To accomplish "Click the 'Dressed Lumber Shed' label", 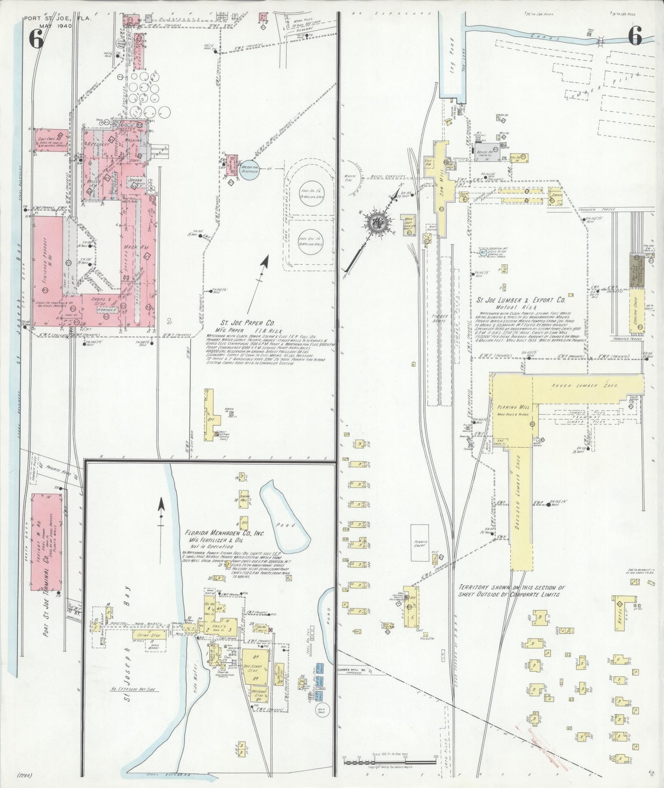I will pos(521,497).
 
